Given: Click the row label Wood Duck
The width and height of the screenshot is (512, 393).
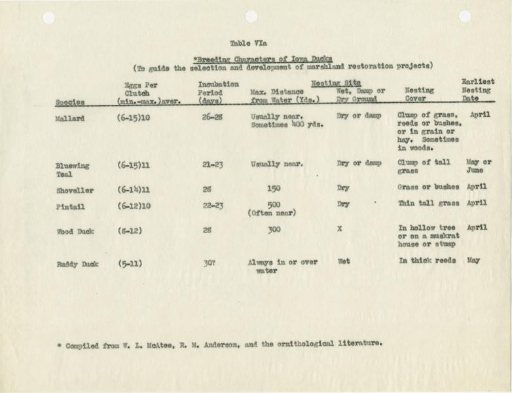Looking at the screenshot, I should click(72, 231).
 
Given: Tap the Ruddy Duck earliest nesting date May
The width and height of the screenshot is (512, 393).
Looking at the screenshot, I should click(473, 259).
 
